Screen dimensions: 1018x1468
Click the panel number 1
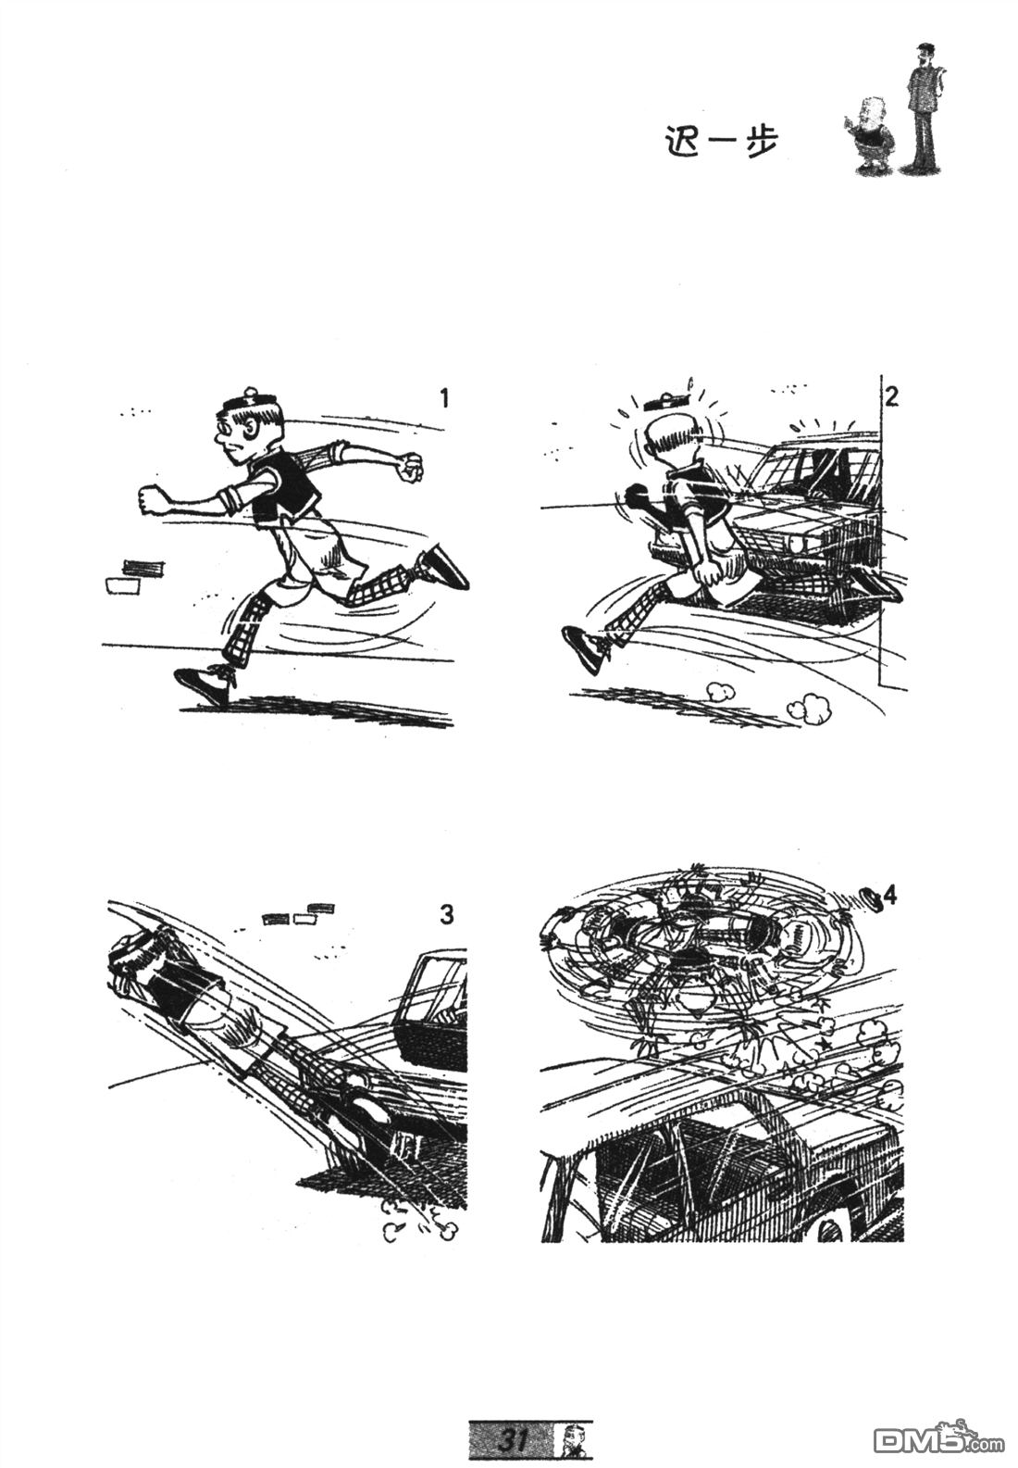[444, 398]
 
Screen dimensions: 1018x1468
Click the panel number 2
[892, 397]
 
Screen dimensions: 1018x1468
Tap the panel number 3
[446, 914]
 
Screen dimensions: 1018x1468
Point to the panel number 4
[889, 896]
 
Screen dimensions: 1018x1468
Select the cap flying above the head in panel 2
[666, 400]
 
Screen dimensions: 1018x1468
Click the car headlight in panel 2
[798, 544]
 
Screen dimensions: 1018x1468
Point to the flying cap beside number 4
[871, 897]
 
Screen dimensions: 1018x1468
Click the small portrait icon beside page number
[576, 1439]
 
